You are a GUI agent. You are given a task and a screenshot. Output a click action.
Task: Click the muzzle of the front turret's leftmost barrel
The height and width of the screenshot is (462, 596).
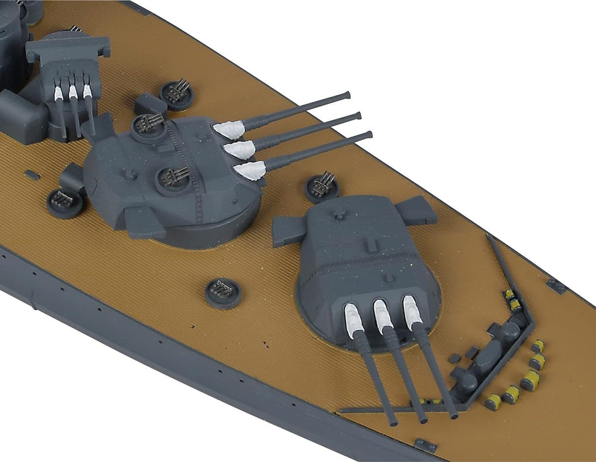click(393, 420)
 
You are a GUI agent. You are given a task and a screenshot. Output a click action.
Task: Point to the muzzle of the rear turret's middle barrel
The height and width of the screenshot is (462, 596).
click(357, 116)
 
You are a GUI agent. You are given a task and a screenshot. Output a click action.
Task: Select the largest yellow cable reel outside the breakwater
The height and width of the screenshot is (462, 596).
click(529, 381)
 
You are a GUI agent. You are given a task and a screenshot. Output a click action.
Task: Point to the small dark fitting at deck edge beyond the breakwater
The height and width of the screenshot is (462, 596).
click(556, 286)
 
